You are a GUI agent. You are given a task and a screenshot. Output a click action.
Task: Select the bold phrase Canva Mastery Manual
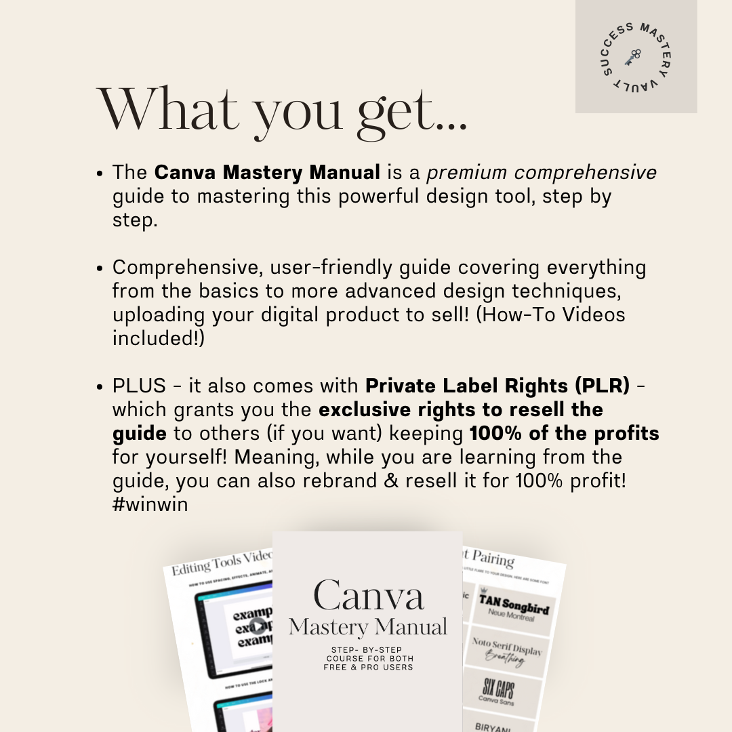coord(267,173)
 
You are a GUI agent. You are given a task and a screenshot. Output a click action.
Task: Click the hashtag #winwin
coord(150,505)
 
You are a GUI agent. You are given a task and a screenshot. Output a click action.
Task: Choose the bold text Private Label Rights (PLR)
coord(497,386)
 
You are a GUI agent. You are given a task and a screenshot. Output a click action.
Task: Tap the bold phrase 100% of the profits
coord(564,434)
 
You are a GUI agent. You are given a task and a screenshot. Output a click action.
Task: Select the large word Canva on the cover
coord(369,595)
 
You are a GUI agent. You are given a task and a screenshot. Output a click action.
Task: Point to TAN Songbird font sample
coord(514,603)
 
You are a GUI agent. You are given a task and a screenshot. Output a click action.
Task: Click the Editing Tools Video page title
coord(222,562)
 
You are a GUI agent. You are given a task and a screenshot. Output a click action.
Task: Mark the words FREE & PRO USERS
coord(368,668)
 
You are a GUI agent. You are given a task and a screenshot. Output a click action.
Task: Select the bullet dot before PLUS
coord(99,387)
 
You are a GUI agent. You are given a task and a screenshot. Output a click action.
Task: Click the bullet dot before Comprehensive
coord(99,268)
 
